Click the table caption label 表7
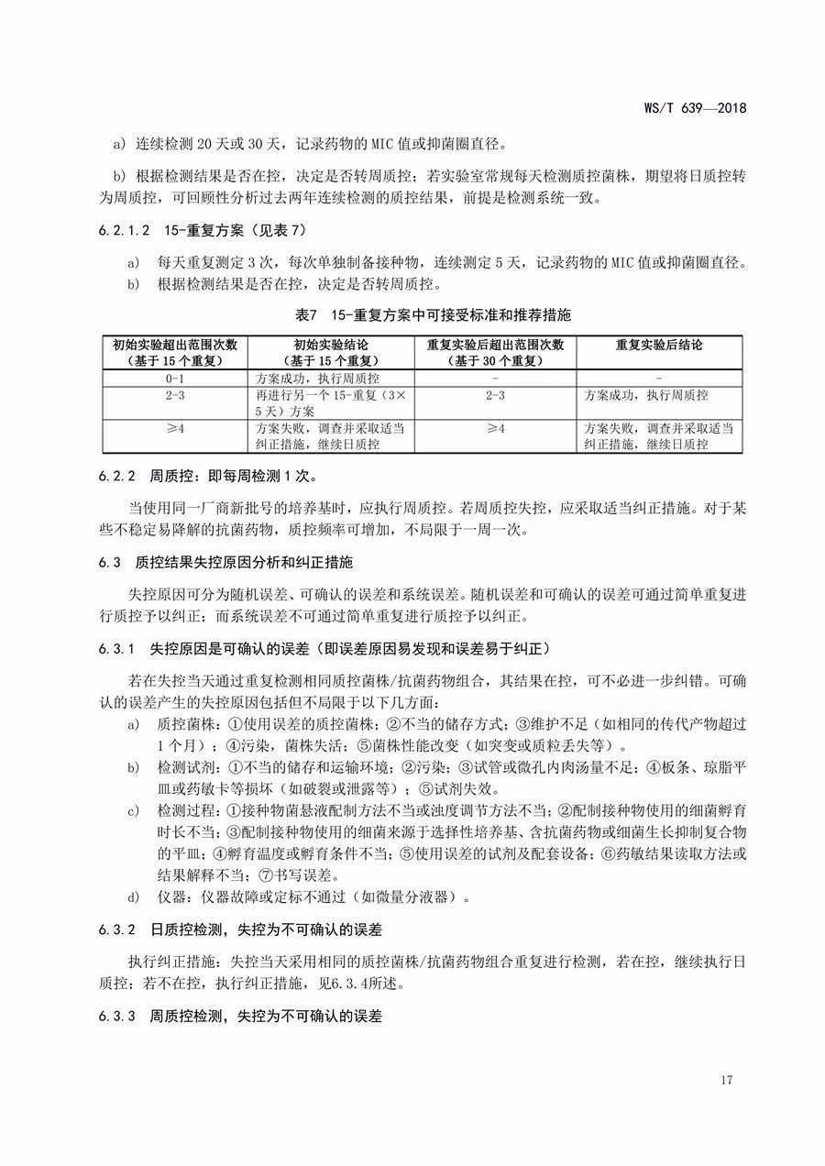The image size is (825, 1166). [x=307, y=314]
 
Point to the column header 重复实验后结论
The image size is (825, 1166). [x=659, y=345]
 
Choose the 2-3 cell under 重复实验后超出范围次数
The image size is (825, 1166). [x=495, y=395]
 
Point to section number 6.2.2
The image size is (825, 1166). [x=118, y=476]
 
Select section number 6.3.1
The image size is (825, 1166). [x=118, y=649]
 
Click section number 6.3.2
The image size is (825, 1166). [x=118, y=929]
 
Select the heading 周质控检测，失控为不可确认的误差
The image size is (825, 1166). [x=266, y=1017]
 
